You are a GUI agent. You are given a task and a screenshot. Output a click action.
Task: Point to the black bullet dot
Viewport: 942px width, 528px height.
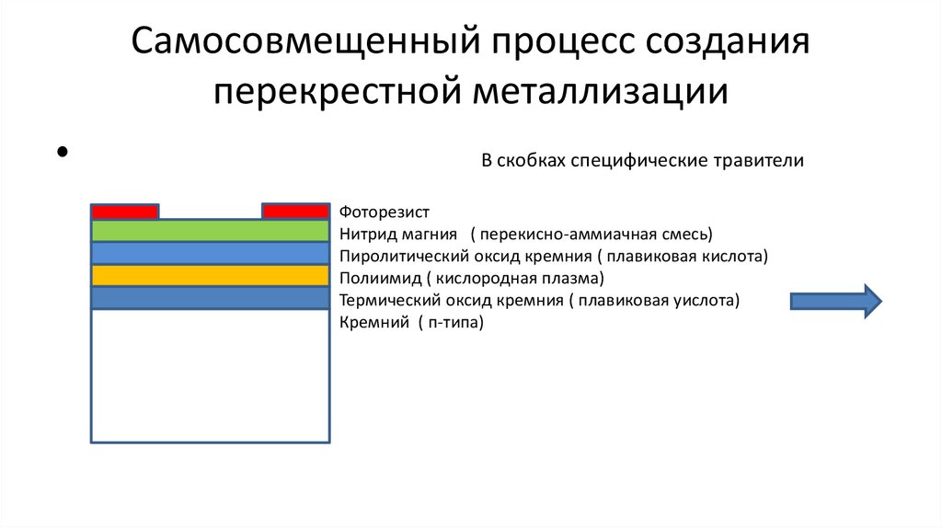(x=63, y=152)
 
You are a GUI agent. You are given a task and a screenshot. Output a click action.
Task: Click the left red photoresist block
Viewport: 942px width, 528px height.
(x=124, y=212)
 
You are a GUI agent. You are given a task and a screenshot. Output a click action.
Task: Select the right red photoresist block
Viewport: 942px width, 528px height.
(x=295, y=212)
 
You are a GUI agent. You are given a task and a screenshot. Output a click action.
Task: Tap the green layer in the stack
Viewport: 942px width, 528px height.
(x=210, y=231)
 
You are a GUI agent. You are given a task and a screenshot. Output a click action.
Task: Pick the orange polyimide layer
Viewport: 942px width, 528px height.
(x=210, y=275)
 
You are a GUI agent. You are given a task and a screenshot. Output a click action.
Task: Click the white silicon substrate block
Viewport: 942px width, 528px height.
(x=210, y=375)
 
